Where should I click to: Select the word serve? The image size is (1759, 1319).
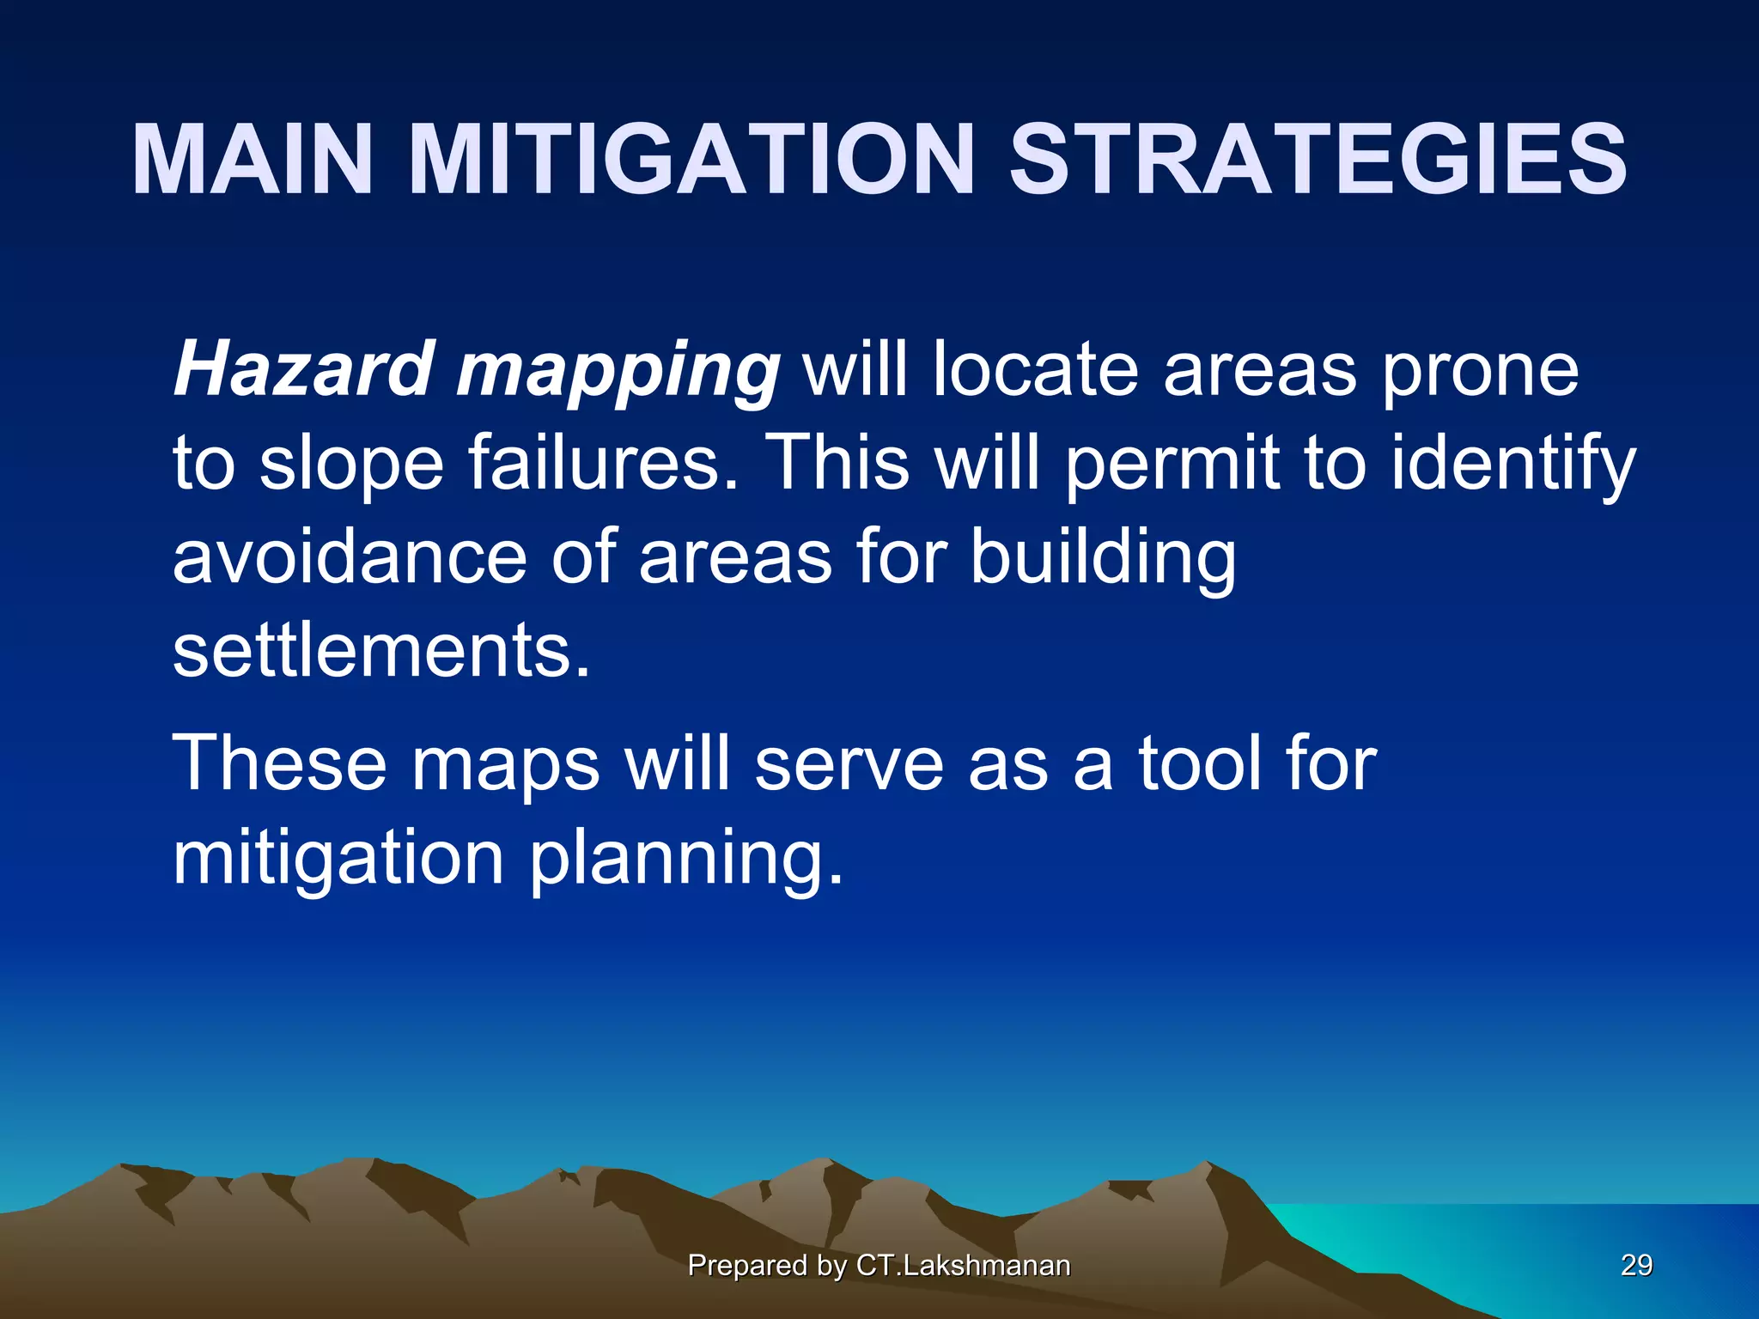(849, 764)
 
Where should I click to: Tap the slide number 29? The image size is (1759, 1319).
(1636, 1265)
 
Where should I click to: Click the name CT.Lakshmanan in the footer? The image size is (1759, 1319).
(963, 1265)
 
